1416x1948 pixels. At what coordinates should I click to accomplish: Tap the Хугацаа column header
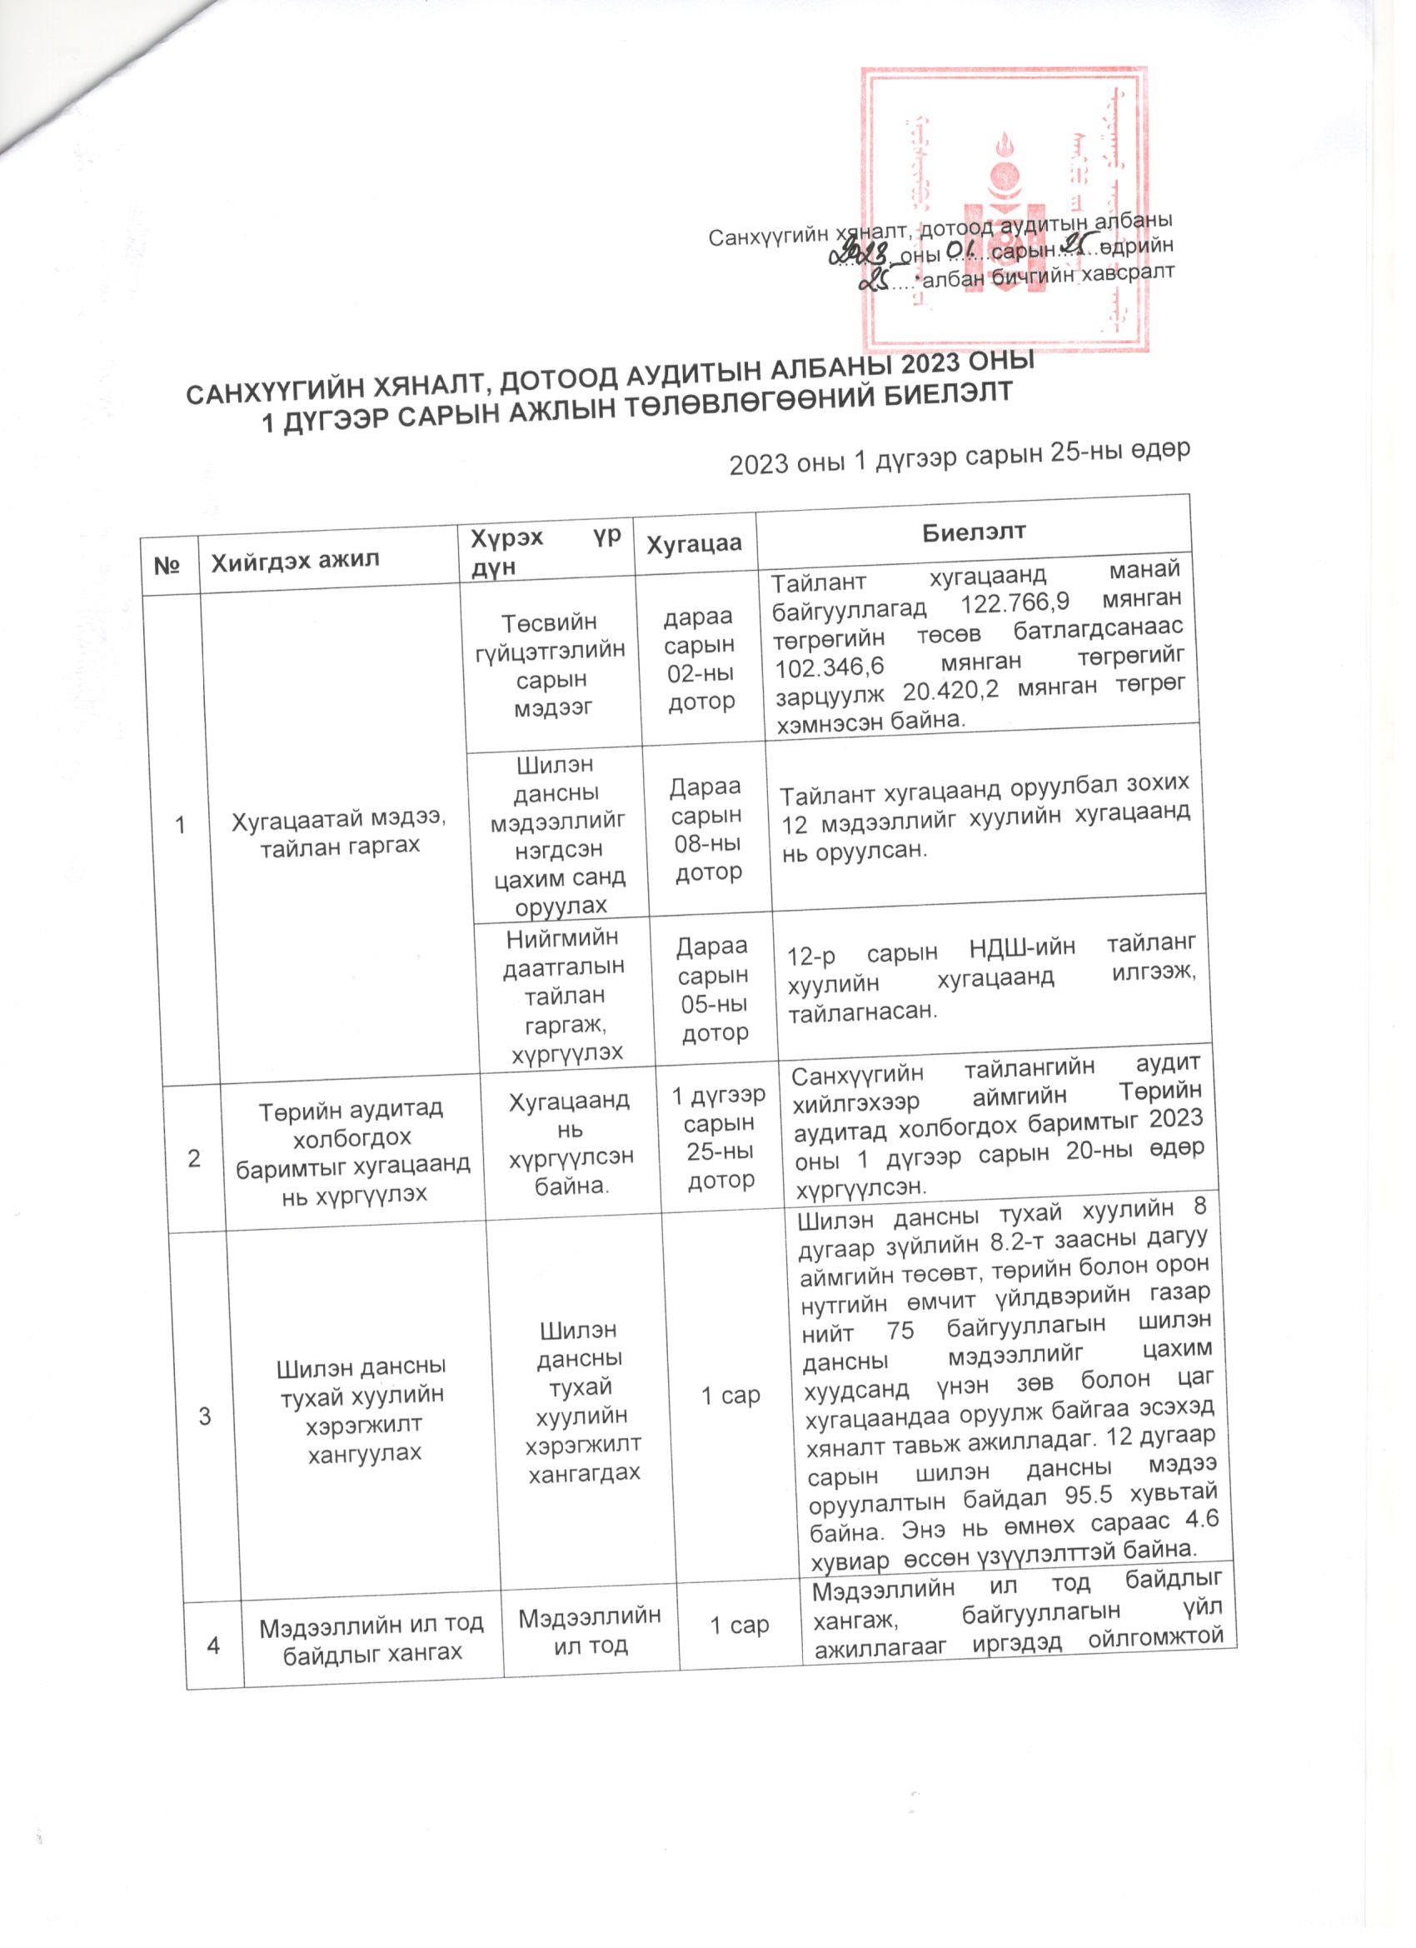pos(693,544)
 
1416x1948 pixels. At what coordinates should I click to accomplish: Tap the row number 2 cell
pos(195,1157)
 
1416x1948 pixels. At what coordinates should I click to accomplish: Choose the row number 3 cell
pos(204,1415)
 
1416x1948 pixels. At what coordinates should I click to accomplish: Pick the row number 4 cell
pos(213,1645)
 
